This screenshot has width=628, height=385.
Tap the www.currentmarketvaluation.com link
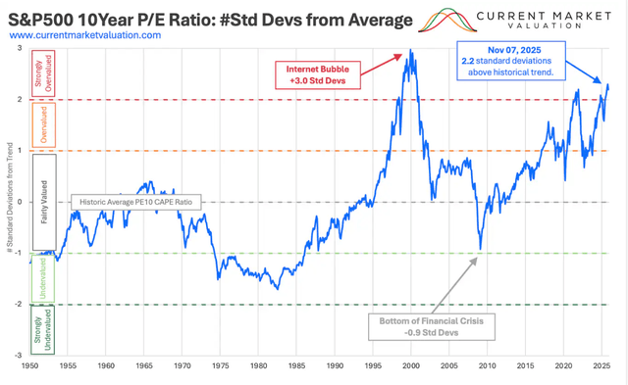pyautogui.click(x=85, y=34)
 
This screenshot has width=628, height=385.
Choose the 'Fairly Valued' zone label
pyautogui.click(x=46, y=202)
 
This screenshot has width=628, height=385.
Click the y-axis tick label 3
pyautogui.click(x=21, y=47)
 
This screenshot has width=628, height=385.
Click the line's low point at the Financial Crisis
pyautogui.click(x=480, y=249)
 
